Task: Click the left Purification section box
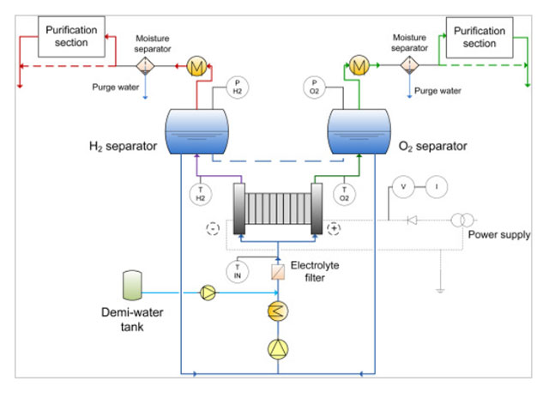72,37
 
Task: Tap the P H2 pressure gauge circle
237,87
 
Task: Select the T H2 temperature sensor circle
200,193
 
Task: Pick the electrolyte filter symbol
278,272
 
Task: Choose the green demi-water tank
132,284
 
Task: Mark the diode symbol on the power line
413,220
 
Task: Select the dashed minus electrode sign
212,228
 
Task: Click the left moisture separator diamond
146,64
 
